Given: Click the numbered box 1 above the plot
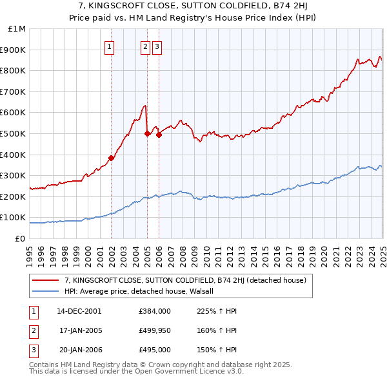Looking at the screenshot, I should coord(110,46).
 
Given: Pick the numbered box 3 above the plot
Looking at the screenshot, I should coord(157,46).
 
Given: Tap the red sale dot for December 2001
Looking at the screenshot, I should coord(111,158).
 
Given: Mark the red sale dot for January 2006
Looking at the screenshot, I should coord(159,135).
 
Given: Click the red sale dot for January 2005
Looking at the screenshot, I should coord(147,133).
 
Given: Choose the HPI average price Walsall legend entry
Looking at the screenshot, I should coord(142,291).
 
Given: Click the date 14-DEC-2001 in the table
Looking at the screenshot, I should coord(79,311).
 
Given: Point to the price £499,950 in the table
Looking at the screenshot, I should coord(155,330).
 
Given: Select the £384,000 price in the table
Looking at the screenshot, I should coord(155,311).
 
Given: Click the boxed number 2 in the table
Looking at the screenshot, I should coord(34,330).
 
